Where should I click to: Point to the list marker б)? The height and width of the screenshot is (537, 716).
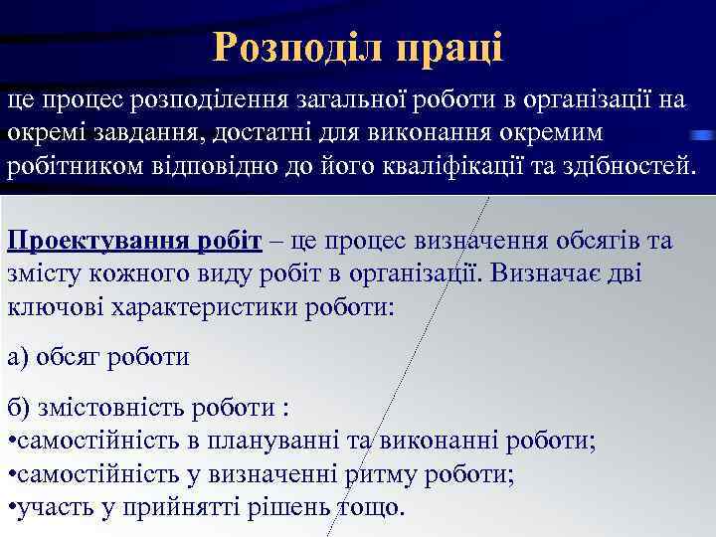pos(18,409)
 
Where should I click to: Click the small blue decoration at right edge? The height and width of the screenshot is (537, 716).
pos(703,133)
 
